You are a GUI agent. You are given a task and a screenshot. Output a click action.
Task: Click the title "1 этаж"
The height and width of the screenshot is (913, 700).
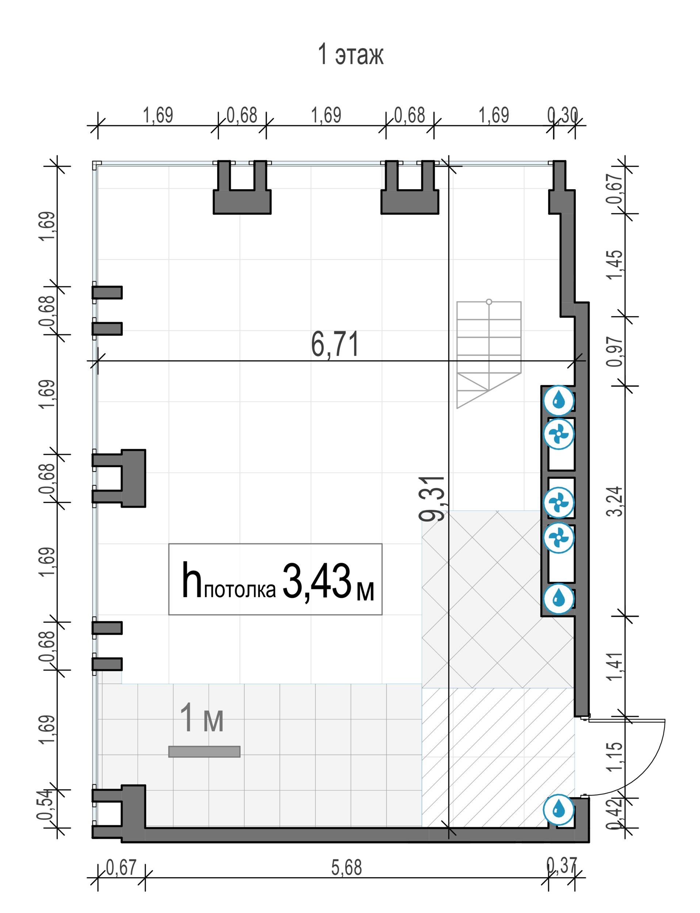351,54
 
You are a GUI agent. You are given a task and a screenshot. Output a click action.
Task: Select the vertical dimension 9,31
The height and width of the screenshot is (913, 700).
432,499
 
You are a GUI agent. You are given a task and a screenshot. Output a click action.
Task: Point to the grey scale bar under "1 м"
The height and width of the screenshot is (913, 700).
204,751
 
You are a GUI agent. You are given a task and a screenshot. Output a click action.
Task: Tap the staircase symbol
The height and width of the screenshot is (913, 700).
489,354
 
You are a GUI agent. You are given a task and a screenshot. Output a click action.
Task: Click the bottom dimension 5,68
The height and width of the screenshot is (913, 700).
347,868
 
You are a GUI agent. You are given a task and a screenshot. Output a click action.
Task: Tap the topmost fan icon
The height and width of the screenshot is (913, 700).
559,434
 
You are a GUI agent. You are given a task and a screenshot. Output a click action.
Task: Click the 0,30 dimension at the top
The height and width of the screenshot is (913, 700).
562,115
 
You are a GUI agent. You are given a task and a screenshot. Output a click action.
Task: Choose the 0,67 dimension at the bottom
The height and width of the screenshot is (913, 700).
121,868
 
